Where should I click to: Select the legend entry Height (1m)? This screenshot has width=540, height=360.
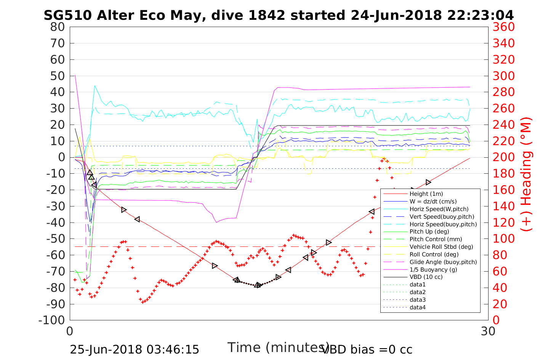pos(426,194)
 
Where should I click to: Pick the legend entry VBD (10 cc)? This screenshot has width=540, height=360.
pos(426,277)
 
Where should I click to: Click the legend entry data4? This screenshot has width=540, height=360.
pos(417,307)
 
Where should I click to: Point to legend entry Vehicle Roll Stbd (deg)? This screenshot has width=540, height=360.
pos(441,247)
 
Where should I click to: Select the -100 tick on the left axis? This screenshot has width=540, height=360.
pos(53,320)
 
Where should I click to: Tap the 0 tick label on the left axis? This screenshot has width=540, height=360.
pos(62,157)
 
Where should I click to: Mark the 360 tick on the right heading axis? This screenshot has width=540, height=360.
pos(503,27)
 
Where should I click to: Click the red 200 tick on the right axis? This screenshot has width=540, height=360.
pos(503,157)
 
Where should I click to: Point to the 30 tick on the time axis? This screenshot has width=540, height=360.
pos(488,331)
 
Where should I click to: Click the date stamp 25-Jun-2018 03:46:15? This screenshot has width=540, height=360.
pos(134,349)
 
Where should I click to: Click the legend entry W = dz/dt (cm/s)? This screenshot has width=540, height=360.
pos(433,202)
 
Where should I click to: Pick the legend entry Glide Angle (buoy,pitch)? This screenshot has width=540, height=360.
pos(443,262)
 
